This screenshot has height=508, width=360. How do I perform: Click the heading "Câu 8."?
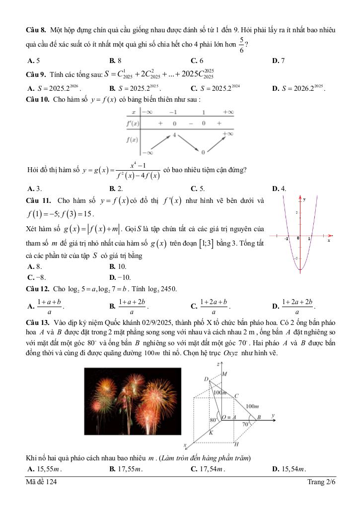point(36,31)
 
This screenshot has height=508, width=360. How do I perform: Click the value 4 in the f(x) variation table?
point(174,135)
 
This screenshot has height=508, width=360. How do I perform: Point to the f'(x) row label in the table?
point(132,123)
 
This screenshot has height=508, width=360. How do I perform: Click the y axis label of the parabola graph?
point(304,199)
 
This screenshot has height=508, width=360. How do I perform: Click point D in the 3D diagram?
point(206,379)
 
